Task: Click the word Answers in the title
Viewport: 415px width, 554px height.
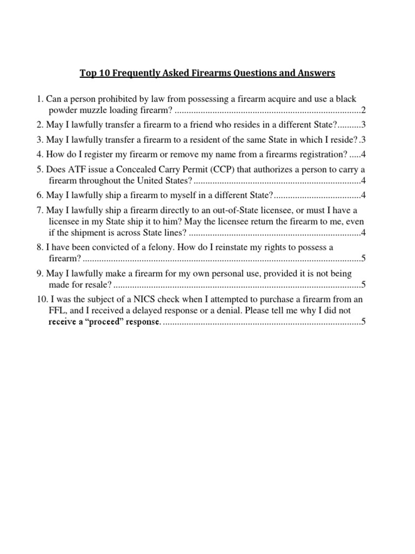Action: [x=312, y=73]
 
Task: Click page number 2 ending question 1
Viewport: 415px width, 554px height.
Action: [x=364, y=111]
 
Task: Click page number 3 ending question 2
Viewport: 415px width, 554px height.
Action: [x=364, y=124]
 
